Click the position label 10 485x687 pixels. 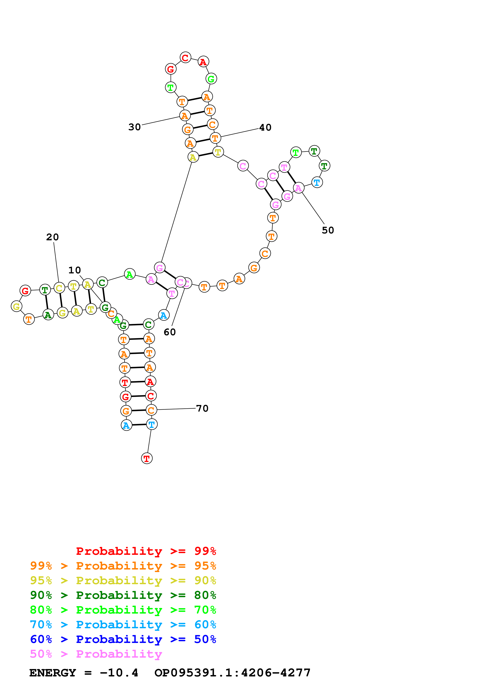coord(74,270)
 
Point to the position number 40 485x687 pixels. coord(265,127)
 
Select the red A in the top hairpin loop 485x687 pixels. coord(203,62)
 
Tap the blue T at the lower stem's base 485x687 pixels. coord(151,424)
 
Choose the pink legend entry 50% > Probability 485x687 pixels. coord(96,654)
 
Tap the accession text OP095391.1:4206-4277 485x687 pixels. coord(232,673)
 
